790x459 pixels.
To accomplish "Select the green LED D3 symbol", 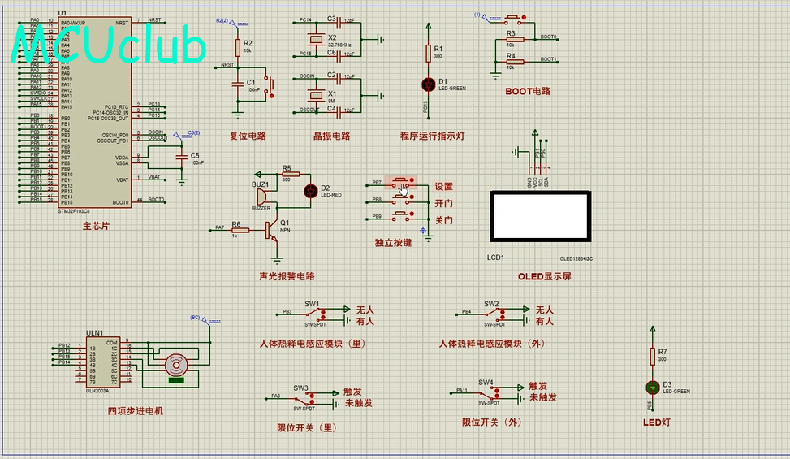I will [652, 388].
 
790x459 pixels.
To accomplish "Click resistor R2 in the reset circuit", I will [237, 46].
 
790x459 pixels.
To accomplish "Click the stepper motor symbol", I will [176, 366].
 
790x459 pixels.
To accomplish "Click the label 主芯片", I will [96, 226].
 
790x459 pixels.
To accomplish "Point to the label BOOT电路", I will [528, 91].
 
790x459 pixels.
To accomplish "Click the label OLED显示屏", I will [545, 276].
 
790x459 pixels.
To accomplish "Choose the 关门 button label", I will [443, 220].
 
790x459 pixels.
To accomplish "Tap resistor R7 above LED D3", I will [652, 355].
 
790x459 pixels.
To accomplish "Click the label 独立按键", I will [393, 241].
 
